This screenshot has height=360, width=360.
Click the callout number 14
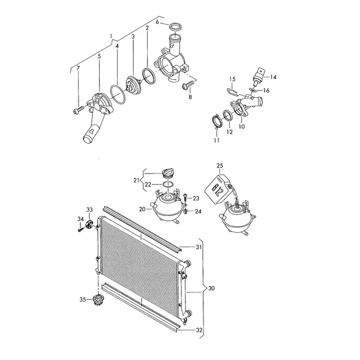273,77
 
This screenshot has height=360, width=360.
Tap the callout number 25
220,166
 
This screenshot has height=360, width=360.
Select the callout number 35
83,299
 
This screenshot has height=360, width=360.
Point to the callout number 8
190,97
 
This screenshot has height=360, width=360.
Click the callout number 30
211,288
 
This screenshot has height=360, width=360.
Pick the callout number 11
217,140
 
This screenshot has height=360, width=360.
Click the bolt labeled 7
79,110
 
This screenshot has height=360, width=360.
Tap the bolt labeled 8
187,86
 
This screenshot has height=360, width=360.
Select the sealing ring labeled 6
175,26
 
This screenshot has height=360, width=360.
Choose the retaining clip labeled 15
232,92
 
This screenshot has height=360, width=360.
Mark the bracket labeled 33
89,224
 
